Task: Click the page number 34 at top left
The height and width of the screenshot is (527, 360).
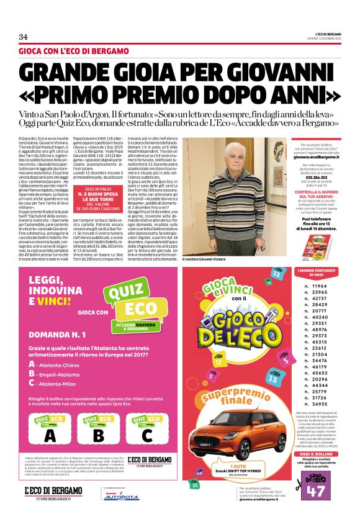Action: coord(23,37)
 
